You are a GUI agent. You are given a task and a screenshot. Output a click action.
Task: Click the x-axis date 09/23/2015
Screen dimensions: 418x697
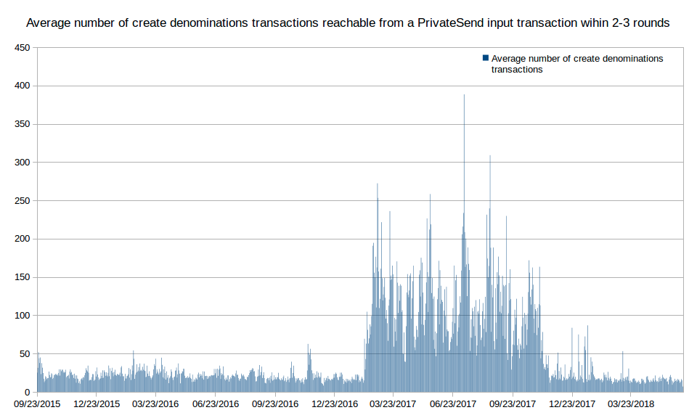(37, 403)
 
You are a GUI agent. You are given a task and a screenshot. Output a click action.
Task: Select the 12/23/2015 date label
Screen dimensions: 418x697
(97, 403)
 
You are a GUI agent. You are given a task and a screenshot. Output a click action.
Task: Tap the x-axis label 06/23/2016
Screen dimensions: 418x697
(216, 403)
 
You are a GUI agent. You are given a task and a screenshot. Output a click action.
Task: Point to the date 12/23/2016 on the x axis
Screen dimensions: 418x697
(335, 403)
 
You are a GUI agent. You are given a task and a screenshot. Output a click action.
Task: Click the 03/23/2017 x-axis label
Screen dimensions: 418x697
(393, 403)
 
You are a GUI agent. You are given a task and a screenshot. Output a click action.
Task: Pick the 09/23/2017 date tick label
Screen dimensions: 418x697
(513, 403)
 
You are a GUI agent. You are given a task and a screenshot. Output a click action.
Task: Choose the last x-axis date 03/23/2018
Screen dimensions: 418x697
(630, 403)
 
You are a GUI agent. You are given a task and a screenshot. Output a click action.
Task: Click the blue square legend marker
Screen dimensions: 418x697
(485, 58)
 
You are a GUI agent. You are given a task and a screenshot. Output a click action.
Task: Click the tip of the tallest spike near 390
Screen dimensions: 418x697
(464, 95)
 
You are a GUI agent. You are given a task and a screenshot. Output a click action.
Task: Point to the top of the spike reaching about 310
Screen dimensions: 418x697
(490, 156)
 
